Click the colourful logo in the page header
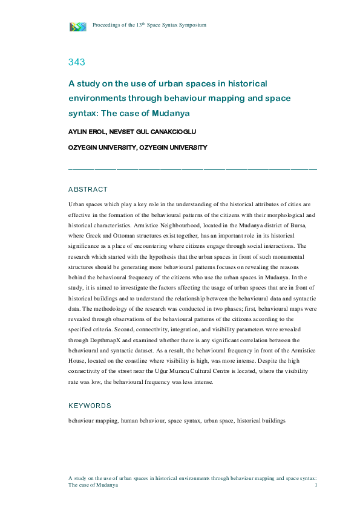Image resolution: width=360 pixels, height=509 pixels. click(78, 26)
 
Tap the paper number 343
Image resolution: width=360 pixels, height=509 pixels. click(76, 62)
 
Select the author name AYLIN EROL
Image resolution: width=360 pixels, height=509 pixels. click(87, 131)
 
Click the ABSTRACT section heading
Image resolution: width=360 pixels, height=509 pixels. click(88, 189)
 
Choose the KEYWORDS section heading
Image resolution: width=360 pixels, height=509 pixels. click(90, 406)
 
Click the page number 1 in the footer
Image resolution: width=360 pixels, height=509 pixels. click(317, 485)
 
